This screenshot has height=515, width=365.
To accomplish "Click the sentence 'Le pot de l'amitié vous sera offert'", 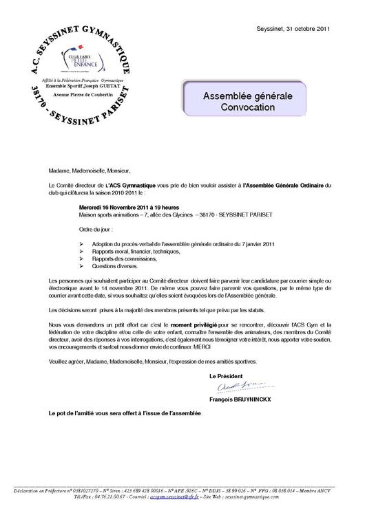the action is (x=126, y=414).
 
